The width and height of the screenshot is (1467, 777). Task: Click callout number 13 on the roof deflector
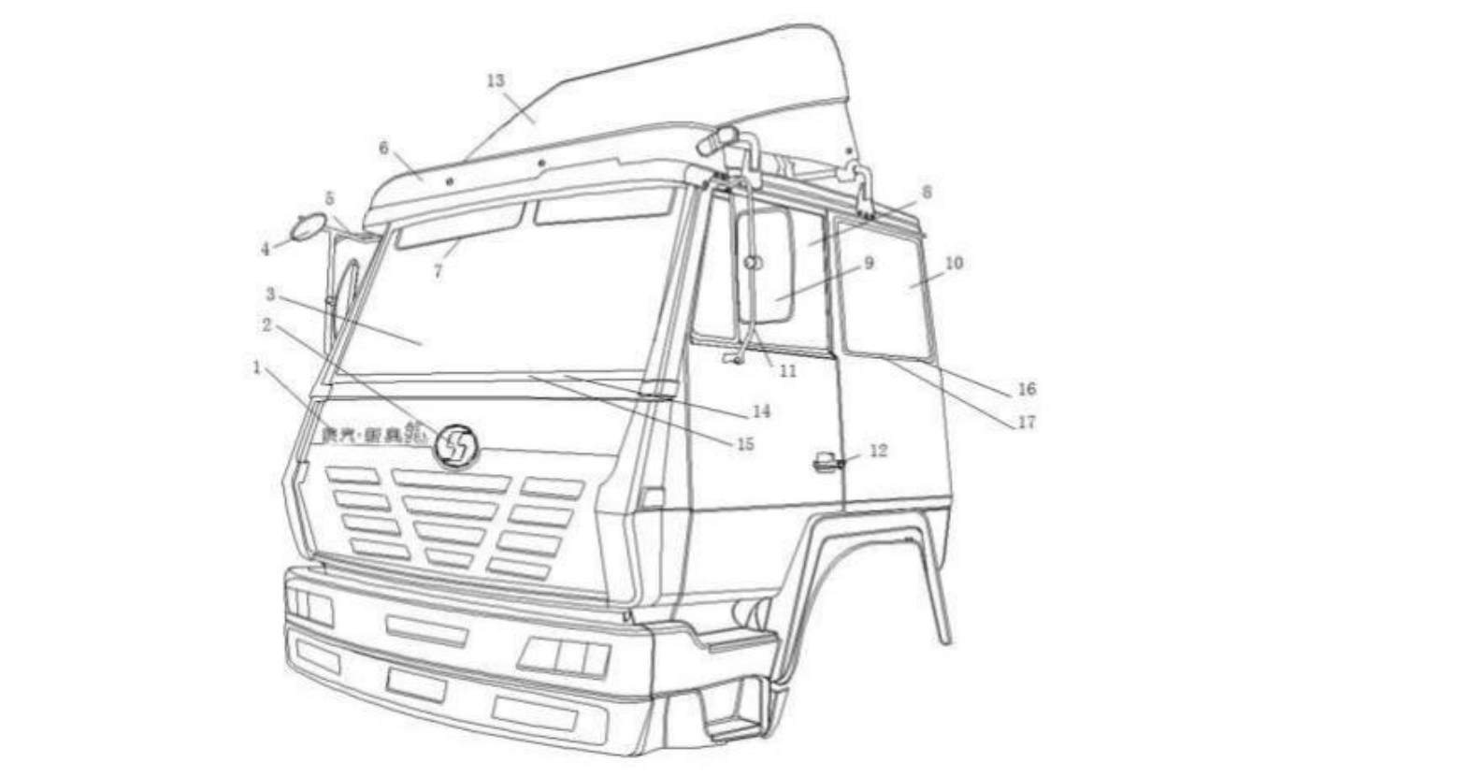(x=496, y=80)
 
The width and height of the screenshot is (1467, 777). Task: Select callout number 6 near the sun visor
(x=383, y=149)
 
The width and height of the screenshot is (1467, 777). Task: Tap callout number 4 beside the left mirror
(x=266, y=249)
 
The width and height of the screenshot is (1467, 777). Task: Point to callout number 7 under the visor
(x=438, y=271)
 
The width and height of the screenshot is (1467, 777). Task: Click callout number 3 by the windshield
(x=270, y=295)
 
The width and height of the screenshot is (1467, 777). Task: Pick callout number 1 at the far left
(x=257, y=367)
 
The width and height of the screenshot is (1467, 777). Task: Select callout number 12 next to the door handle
(x=878, y=451)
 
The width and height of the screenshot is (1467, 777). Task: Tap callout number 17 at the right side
(x=1026, y=423)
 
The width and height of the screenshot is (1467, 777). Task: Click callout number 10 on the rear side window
(x=953, y=263)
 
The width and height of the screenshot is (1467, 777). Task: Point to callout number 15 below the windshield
(x=744, y=444)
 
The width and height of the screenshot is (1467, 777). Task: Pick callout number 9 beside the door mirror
(x=869, y=263)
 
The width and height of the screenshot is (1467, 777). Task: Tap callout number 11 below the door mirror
(x=787, y=371)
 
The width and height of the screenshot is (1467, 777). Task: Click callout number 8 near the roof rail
(x=926, y=192)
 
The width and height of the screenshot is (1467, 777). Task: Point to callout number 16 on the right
(x=1027, y=389)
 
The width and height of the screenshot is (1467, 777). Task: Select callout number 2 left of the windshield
(x=267, y=325)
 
